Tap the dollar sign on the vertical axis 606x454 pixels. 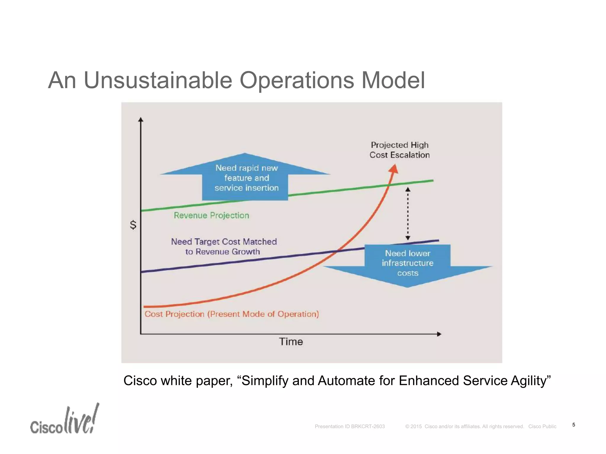pos(133,225)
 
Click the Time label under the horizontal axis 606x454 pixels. pos(291,342)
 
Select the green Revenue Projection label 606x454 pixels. pos(211,215)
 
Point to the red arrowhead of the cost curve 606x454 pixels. pos(394,169)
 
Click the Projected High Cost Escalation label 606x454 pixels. pos(399,150)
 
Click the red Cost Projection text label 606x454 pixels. pos(232,314)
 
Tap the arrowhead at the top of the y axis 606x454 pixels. pos(141,120)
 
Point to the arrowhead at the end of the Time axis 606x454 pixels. pos(439,334)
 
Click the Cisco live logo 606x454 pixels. pos(65,420)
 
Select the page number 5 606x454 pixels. pos(574,425)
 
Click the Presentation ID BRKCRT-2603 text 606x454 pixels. pos(350,427)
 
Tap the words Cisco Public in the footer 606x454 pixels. pos(542,427)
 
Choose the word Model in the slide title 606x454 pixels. pos(393,80)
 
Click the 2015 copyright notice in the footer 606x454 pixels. pos(465,427)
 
